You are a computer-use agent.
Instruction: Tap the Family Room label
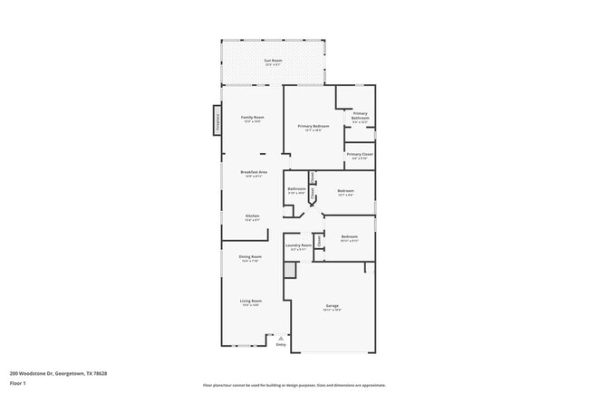252,118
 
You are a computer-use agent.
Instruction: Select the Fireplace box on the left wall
217,119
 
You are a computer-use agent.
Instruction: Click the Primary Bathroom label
360,116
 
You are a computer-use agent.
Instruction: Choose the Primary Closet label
360,155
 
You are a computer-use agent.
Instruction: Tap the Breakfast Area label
253,172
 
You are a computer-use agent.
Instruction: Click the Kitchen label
252,216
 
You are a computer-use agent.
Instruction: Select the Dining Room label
251,257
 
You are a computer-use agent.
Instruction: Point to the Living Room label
251,302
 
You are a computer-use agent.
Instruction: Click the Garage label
333,307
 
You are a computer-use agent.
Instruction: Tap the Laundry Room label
299,245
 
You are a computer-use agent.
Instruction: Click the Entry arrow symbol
281,337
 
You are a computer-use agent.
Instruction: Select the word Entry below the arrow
281,345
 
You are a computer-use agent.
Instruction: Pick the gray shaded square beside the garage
290,270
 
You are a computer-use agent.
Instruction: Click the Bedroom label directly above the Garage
350,237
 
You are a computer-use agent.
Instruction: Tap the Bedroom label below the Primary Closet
345,191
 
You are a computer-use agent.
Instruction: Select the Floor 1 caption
19,383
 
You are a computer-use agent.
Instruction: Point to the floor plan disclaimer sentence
294,385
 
